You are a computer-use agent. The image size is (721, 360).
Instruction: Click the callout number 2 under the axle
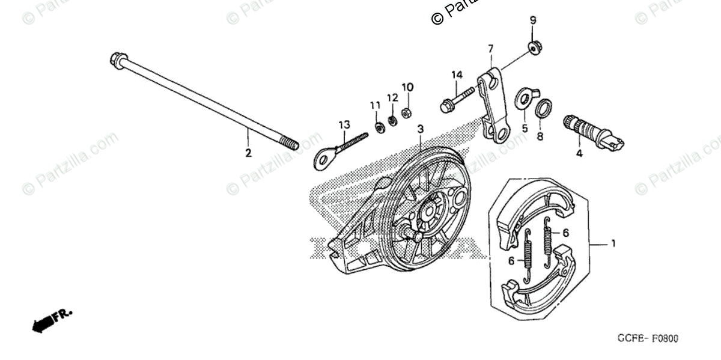click(248, 153)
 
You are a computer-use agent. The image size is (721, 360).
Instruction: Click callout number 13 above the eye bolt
click(344, 124)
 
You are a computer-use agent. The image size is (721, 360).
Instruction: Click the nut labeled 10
click(407, 112)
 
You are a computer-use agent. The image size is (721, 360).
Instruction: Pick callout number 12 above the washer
click(392, 97)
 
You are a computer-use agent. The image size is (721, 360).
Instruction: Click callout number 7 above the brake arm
click(490, 48)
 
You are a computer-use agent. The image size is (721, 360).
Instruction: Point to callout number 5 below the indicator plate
click(524, 128)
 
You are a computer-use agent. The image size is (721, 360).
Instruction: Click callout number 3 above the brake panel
click(421, 129)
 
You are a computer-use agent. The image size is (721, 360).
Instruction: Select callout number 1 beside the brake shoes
click(613, 243)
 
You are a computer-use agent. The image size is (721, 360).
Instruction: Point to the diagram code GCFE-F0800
click(647, 339)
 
